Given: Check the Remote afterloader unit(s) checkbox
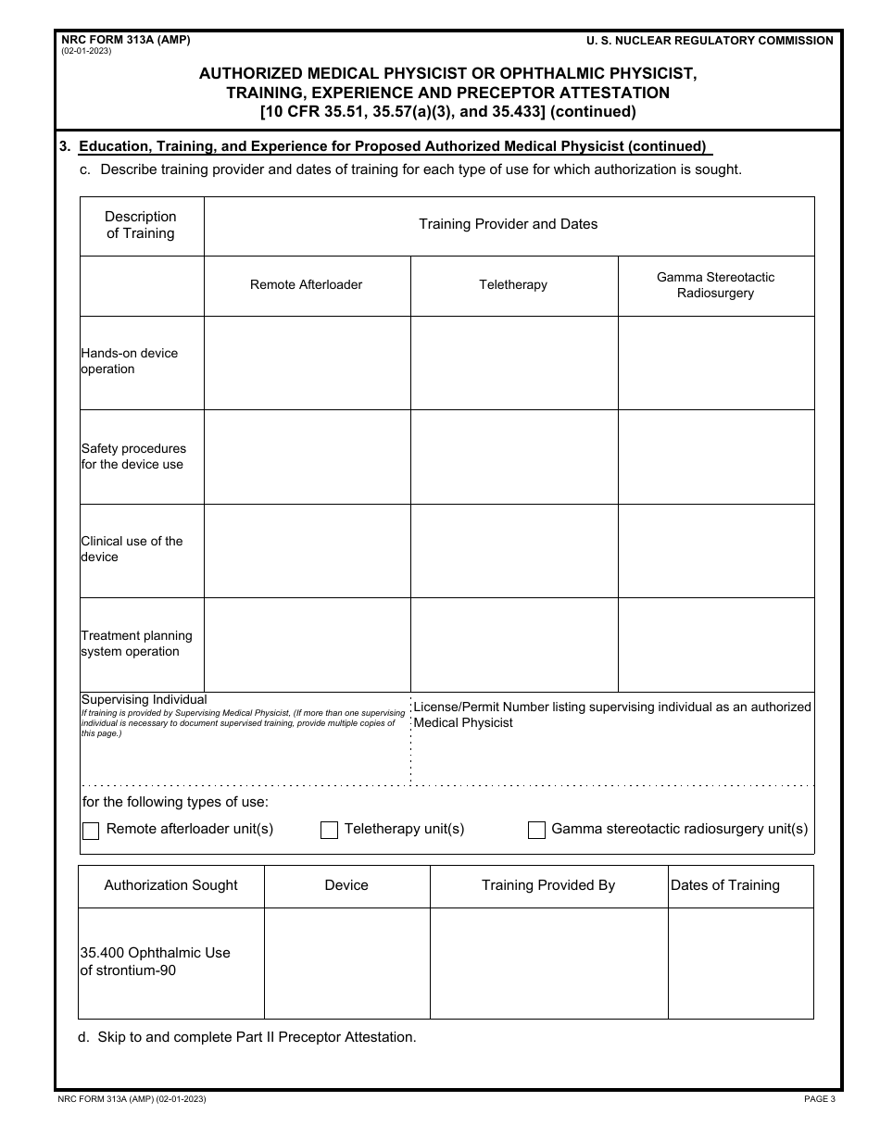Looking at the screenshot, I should click(91, 831).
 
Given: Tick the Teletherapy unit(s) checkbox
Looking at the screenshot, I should click(329, 831).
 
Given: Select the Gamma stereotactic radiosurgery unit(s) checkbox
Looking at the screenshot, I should click(536, 831).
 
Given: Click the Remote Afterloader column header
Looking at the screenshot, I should click(307, 285).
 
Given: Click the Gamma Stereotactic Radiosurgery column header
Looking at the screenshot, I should click(716, 285).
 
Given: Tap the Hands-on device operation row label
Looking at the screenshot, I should click(129, 361).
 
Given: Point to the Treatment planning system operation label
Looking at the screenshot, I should click(136, 644).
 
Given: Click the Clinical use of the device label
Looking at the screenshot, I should click(132, 549).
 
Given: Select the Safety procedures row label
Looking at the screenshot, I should click(133, 457).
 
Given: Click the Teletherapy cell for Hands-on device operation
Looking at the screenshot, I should click(514, 363).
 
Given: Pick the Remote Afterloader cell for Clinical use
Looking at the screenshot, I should click(307, 551).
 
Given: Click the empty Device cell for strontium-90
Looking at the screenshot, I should click(347, 963).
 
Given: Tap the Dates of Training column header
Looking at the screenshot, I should click(725, 885).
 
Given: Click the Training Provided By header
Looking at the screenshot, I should click(548, 885).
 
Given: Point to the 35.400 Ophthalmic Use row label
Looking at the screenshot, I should click(156, 961).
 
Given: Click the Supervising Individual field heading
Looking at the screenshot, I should click(145, 700).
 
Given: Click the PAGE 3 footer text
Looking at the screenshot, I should click(819, 1099).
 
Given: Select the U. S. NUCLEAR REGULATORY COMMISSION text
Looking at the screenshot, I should click(710, 41).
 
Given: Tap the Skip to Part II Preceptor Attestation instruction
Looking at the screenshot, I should click(247, 1037).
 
